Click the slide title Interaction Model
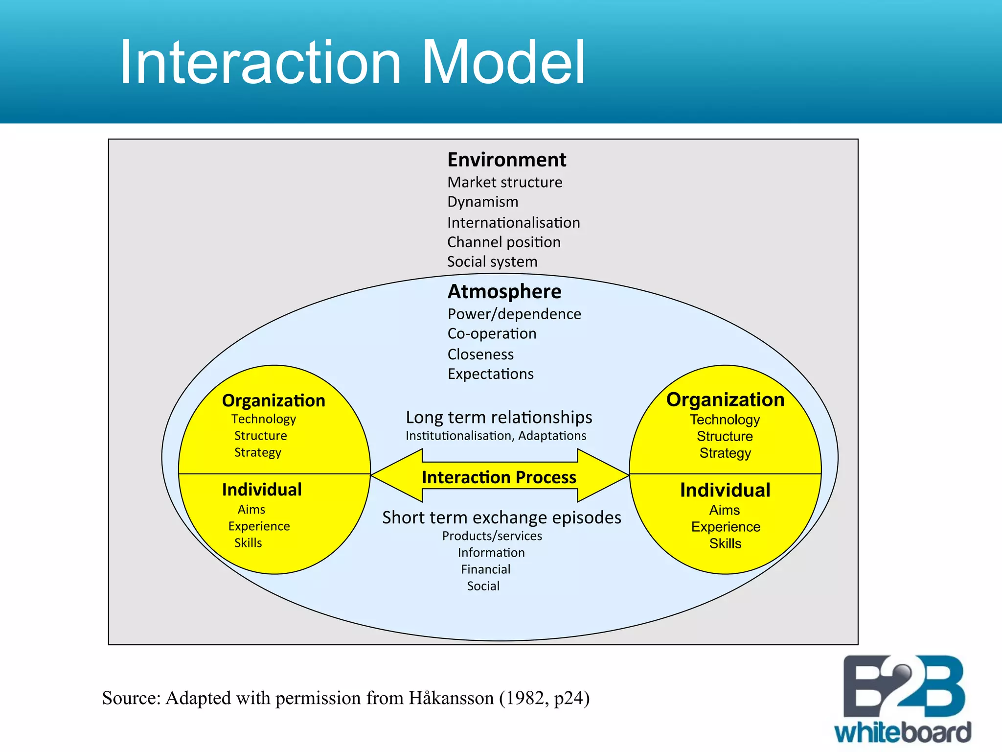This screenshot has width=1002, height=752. point(352,63)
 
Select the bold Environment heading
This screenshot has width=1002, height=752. point(506,160)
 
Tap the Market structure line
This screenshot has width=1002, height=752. point(504,182)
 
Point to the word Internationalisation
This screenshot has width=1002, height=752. point(513,223)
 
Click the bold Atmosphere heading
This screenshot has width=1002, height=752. point(504,291)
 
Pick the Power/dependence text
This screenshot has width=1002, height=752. point(514,314)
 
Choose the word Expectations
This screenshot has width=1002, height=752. point(490,374)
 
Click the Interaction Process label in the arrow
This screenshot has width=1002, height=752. point(499,477)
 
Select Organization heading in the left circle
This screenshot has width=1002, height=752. point(273,400)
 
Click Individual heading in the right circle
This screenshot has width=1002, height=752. point(725,490)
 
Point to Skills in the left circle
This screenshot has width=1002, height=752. point(248,543)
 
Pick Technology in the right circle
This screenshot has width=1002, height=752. point(725,420)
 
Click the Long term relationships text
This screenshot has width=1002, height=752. point(499,417)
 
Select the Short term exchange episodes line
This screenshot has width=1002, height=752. point(501,517)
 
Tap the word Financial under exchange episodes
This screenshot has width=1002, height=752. point(485,569)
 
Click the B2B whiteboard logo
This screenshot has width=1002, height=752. point(903,700)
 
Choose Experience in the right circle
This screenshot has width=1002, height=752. point(726,527)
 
